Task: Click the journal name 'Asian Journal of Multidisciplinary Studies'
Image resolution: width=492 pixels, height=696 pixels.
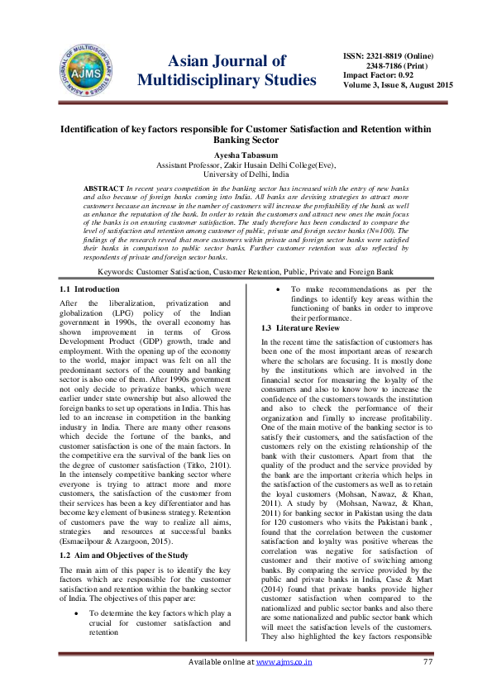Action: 227,71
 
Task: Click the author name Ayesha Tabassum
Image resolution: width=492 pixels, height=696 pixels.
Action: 246,153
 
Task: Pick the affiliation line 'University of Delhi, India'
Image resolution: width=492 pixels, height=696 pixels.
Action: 246,174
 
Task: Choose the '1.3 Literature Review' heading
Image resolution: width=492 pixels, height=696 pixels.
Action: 300,328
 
